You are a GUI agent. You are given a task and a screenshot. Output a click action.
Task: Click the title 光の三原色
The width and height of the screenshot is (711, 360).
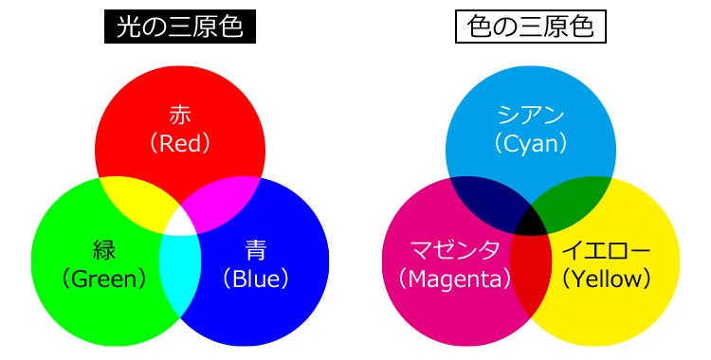pos(179,28)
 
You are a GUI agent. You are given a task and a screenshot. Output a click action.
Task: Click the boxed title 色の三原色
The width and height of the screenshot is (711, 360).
pos(530,28)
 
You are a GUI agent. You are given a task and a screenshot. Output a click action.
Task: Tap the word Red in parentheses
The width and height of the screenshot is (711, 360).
pos(179,143)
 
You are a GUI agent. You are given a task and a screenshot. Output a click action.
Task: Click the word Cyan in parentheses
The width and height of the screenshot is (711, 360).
pos(531,143)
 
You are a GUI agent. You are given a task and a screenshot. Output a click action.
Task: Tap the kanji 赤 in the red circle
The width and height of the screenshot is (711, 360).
pos(179,116)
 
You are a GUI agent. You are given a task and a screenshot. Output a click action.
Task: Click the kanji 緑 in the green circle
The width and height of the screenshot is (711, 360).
pos(103,250)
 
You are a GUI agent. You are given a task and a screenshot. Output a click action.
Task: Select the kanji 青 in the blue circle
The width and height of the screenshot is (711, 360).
pos(255,250)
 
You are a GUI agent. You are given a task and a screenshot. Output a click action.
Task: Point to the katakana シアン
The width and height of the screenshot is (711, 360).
pos(531,116)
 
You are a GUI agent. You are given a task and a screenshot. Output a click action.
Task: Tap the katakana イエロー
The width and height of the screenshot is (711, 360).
pos(607,250)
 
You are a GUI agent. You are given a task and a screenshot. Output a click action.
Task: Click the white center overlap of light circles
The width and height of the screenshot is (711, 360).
pos(179,221)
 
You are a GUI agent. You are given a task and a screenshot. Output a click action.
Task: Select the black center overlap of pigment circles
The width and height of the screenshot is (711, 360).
pos(531,221)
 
